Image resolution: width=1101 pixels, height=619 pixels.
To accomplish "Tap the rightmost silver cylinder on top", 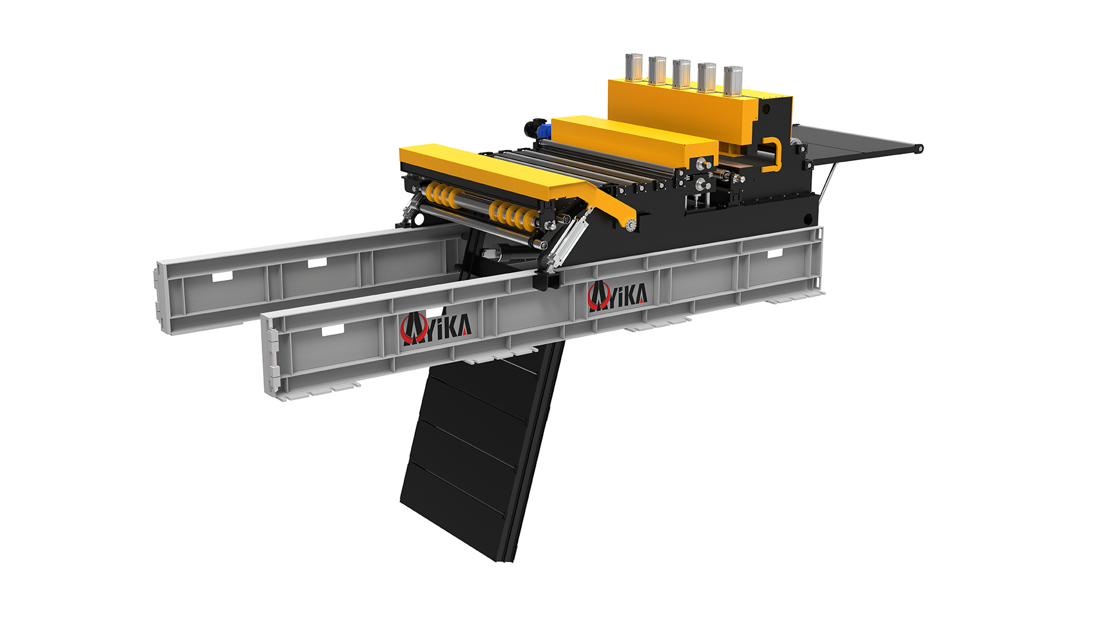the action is pyautogui.click(x=733, y=81).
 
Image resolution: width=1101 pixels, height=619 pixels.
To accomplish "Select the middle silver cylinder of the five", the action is pyautogui.click(x=682, y=74).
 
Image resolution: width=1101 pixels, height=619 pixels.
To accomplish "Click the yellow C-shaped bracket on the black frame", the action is pyautogui.click(x=771, y=155).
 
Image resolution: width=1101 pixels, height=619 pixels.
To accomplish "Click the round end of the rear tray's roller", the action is pyautogui.click(x=919, y=148).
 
